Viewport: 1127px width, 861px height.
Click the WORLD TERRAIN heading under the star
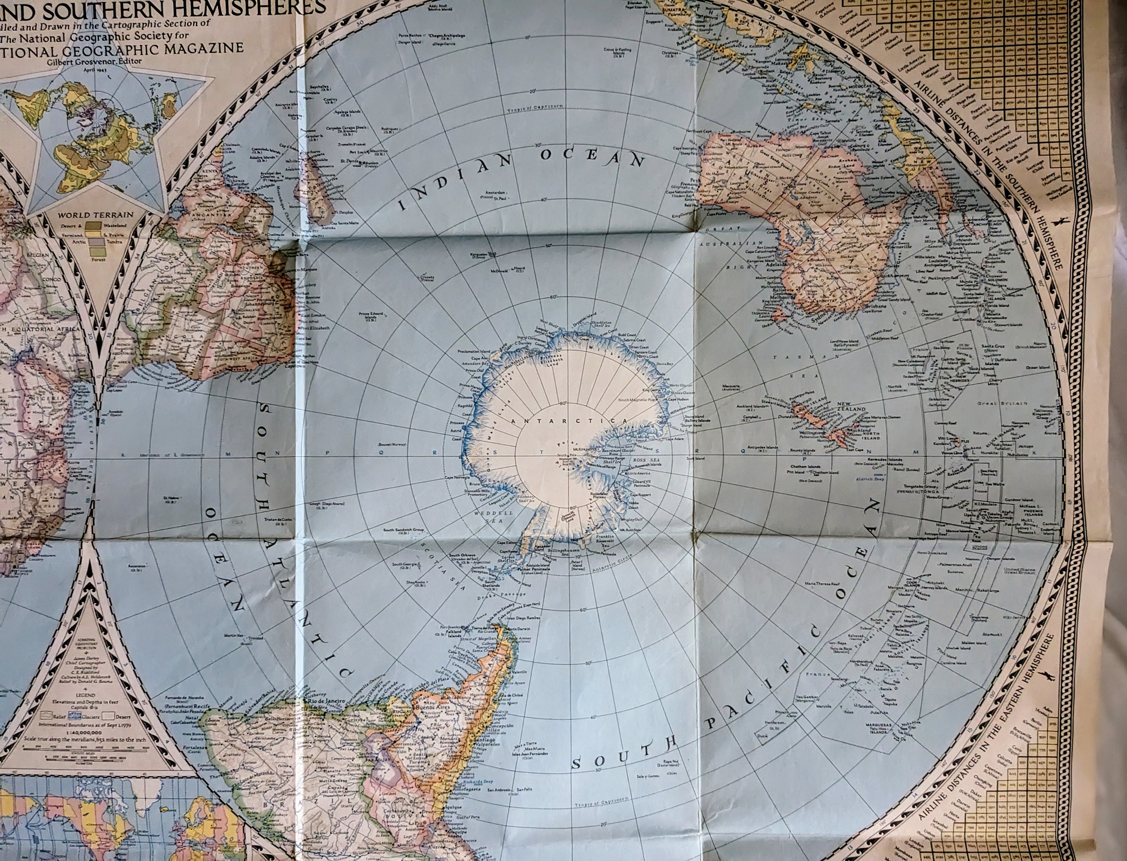click(x=95, y=215)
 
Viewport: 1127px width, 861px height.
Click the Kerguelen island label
click(x=482, y=254)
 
